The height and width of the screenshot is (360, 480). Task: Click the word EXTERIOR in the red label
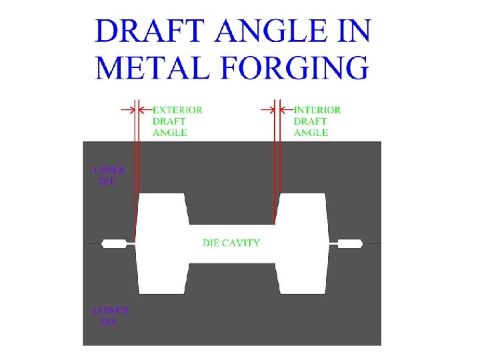pos(178,110)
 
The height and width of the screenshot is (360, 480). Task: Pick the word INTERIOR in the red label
pos(317,110)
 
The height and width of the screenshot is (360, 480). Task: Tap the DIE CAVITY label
pos(231,243)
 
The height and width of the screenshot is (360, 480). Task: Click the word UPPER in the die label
pos(109,170)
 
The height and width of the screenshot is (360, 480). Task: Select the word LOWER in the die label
pos(111,310)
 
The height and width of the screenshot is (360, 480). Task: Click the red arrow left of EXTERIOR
pos(127,109)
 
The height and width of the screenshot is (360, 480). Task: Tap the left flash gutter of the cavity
pos(114,243)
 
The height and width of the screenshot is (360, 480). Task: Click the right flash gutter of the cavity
pos(350,243)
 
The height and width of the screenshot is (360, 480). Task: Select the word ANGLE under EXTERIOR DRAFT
pos(170,133)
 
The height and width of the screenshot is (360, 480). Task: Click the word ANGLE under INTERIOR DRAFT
pos(311,133)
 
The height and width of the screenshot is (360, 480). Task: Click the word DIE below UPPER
pos(107,181)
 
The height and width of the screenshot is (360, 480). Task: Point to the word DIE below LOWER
pos(108,321)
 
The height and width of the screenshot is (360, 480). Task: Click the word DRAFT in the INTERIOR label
pos(311,121)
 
